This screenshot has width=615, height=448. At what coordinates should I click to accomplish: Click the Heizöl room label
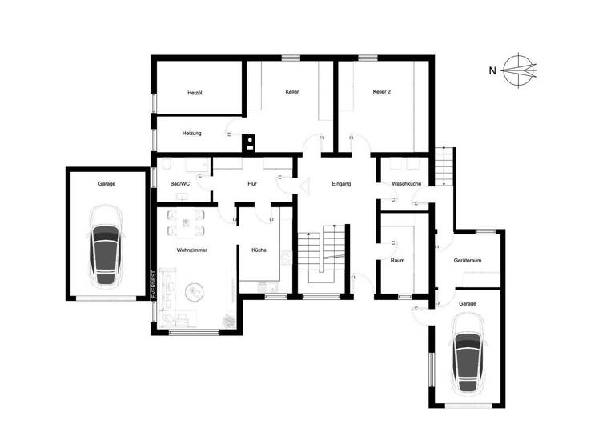(195, 93)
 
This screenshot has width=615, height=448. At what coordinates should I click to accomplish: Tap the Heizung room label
(191, 133)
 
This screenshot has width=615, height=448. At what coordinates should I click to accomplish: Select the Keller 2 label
(382, 93)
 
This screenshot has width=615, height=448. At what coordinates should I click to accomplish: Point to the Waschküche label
(407, 184)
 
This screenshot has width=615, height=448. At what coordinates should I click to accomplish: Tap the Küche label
(259, 250)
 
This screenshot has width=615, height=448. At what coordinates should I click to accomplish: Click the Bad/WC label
(180, 184)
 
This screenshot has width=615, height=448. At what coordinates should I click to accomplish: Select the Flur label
(251, 184)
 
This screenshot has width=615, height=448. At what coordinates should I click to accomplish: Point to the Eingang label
(341, 184)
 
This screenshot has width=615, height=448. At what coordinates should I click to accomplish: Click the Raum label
(397, 261)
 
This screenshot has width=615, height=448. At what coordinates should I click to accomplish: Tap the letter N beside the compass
(492, 70)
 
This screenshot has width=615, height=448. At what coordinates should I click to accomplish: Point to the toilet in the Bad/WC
(167, 166)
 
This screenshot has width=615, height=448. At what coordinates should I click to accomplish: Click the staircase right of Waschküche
(444, 166)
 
